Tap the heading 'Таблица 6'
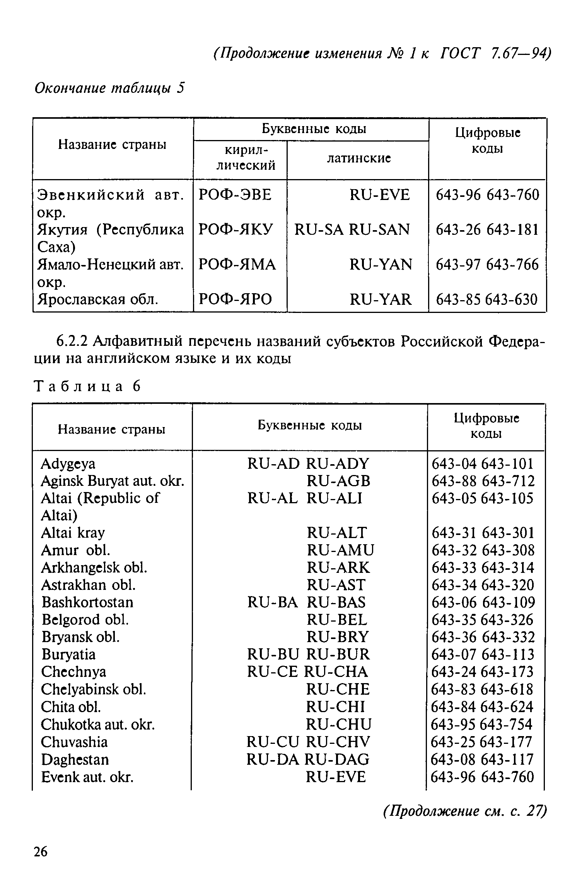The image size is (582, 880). click(87, 386)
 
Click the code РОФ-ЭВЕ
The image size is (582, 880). click(235, 195)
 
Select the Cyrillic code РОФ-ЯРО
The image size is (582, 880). click(235, 299)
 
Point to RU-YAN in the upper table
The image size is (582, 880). click(381, 265)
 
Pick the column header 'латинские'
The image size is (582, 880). click(359, 158)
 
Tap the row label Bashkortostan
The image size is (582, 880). click(87, 602)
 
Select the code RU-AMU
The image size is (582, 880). click(340, 550)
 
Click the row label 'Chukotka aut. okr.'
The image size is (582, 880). click(98, 724)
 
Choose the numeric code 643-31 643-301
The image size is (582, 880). click(483, 533)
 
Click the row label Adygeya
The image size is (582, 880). click(68, 463)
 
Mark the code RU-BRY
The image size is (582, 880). click(338, 637)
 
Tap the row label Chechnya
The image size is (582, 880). click(73, 672)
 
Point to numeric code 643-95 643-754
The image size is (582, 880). click(481, 724)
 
